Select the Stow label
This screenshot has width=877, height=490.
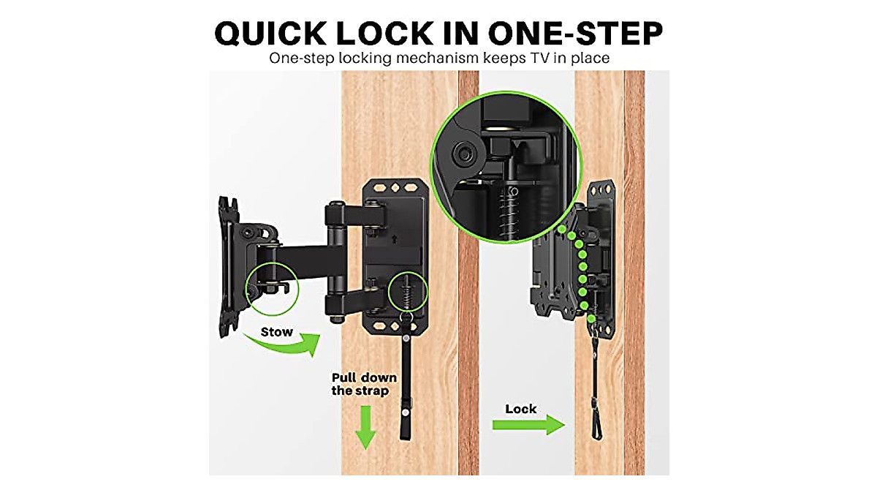coord(277,332)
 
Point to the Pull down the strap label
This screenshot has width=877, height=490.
coord(364,384)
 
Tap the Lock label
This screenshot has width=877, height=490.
coord(520,409)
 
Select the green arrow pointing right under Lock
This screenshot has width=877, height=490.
coord(528,424)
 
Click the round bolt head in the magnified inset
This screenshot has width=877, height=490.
coord(462,154)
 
